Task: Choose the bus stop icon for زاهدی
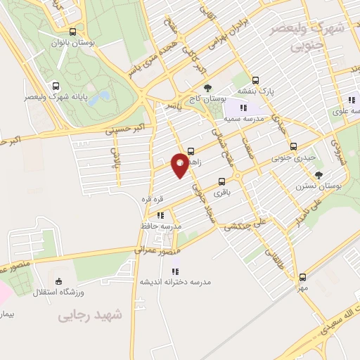point(191,149)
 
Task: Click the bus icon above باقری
point(223,179)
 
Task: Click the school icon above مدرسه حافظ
point(160,215)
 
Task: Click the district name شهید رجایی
point(91,316)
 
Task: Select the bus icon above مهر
point(302,277)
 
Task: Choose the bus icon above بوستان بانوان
point(74,32)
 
